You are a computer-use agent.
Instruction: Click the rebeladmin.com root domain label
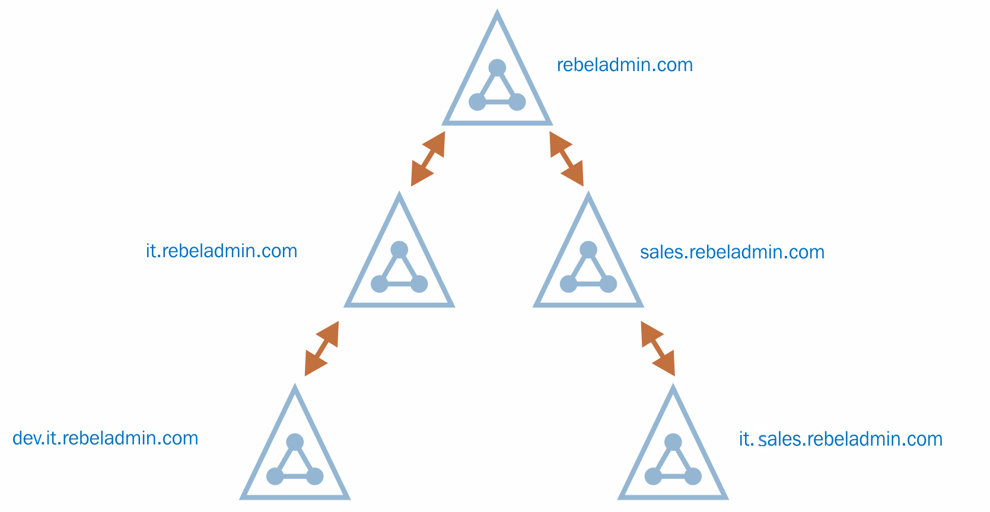pyautogui.click(x=625, y=65)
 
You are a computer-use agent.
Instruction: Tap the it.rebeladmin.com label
pyautogui.click(x=221, y=251)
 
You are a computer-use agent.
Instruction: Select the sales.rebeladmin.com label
pyautogui.click(x=732, y=252)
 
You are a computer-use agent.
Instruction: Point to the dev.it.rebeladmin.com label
pyautogui.click(x=105, y=438)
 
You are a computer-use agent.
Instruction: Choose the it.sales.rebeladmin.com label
pyautogui.click(x=841, y=439)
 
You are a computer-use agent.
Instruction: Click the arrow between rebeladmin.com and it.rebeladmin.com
pyautogui.click(x=428, y=159)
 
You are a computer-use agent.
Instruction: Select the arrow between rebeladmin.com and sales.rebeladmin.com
pyautogui.click(x=566, y=159)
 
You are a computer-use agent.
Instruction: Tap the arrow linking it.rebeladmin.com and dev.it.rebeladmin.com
pyautogui.click(x=321, y=348)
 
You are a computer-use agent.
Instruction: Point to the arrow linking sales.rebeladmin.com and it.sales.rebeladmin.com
pyautogui.click(x=658, y=348)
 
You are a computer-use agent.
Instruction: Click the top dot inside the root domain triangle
pyautogui.click(x=497, y=68)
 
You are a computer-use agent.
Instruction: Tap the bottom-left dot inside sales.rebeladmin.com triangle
pyautogui.click(x=568, y=284)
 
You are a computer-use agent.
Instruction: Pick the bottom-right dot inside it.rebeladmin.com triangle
pyautogui.click(x=419, y=284)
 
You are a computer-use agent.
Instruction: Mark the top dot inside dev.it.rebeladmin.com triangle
pyautogui.click(x=295, y=442)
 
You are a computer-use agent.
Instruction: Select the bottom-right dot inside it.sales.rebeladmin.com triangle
pyautogui.click(x=693, y=476)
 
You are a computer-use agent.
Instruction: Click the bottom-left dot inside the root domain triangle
pyautogui.click(x=477, y=102)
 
